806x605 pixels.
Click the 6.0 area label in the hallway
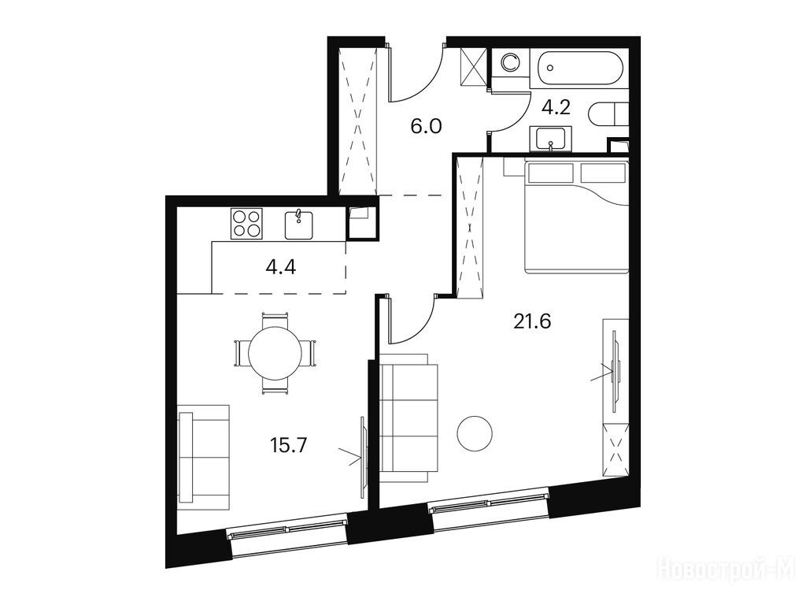[x=426, y=125]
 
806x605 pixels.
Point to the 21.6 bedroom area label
[x=532, y=321]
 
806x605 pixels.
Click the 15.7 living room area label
[x=288, y=444]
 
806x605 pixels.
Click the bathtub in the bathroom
[x=581, y=68]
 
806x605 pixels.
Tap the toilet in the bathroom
[x=609, y=114]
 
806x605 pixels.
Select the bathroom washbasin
[x=550, y=139]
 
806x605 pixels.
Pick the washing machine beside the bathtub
[x=510, y=63]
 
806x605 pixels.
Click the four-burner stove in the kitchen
[x=246, y=223]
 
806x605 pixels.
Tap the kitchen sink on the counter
[x=299, y=225]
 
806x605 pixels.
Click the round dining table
[x=275, y=354]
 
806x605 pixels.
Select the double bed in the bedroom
[x=575, y=216]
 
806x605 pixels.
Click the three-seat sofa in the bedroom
[x=409, y=418]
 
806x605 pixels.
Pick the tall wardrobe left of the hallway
[x=359, y=121]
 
